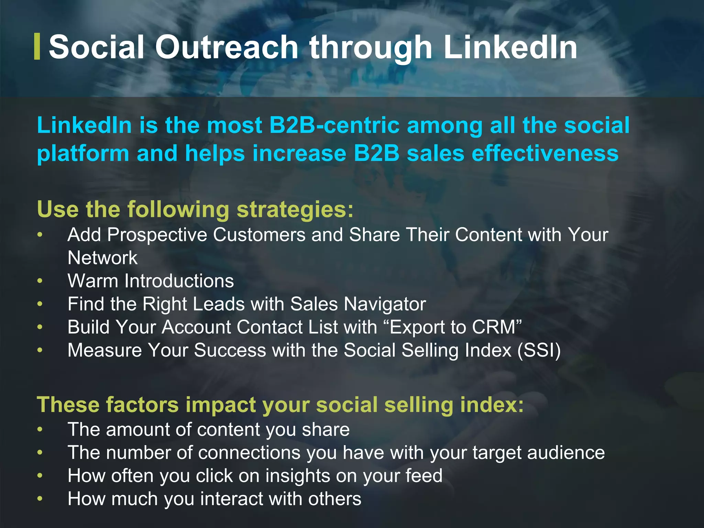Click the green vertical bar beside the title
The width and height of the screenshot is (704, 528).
37,47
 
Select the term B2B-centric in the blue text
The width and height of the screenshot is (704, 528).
334,125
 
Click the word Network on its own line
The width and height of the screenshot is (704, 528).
102,258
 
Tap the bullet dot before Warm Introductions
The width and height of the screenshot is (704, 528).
40,281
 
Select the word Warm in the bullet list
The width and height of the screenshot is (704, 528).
93,281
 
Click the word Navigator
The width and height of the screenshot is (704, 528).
385,304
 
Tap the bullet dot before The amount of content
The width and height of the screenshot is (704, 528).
40,430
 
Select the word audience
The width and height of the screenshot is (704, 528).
566,453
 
